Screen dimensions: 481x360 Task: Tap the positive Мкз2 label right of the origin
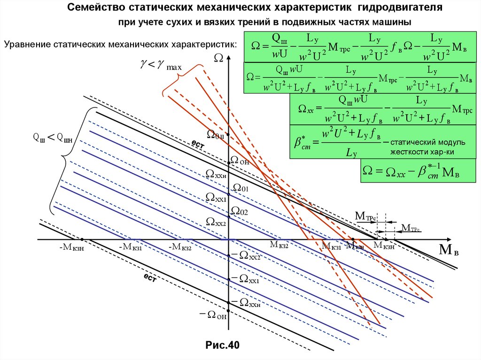pyautogui.click(x=279, y=245)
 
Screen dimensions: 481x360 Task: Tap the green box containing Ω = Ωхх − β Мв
pyautogui.click(x=409, y=171)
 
